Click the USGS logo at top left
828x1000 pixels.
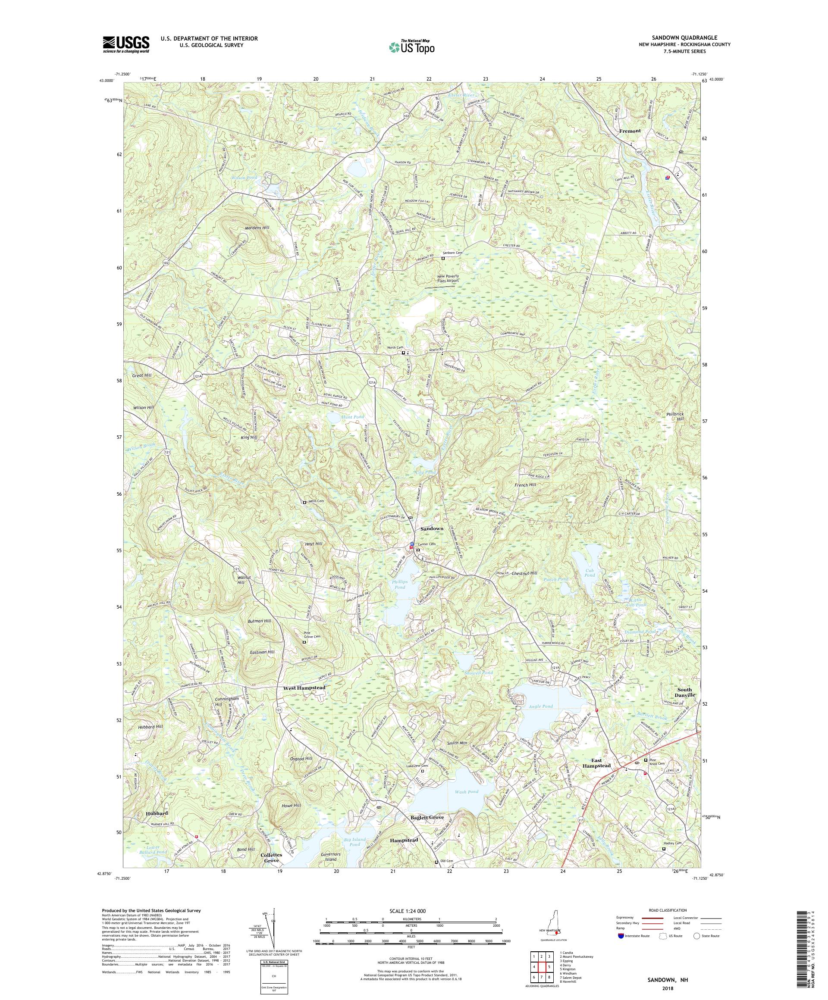(126, 45)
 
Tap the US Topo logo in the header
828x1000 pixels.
(412, 47)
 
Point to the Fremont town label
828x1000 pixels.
(629, 131)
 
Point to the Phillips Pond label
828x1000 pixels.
(399, 584)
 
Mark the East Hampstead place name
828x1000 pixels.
(594, 777)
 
